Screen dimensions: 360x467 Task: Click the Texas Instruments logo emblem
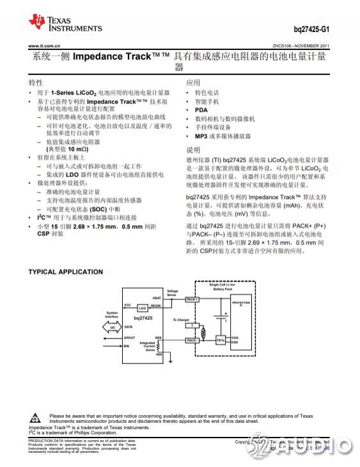coord(37,24)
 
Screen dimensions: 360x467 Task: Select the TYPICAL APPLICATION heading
coord(65,272)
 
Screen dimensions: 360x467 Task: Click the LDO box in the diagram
coord(143,307)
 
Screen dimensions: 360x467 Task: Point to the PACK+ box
coord(192,299)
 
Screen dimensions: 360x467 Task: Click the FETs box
coord(221,340)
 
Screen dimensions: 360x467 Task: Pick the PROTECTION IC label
coord(241,303)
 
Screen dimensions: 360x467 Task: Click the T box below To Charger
coord(191,326)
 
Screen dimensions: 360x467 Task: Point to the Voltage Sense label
coord(173,293)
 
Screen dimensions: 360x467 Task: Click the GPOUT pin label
coord(130,337)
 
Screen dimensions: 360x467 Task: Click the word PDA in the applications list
coord(201,110)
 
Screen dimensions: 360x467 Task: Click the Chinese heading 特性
coord(36,83)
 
